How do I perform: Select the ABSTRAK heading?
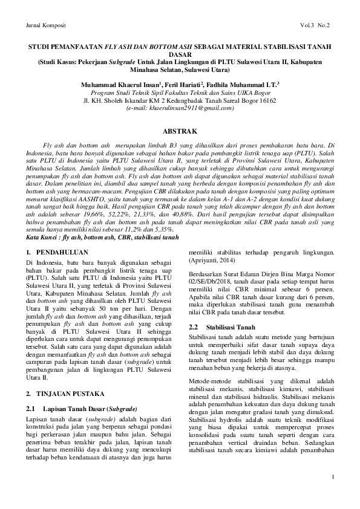[180, 131]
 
